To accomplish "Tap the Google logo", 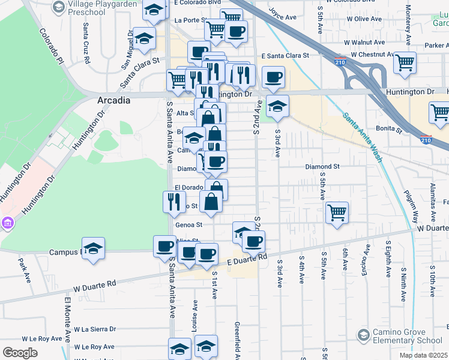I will click(x=20, y=353).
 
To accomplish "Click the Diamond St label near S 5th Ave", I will click(x=322, y=166).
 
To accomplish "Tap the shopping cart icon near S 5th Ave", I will click(x=337, y=212).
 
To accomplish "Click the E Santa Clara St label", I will click(x=285, y=55).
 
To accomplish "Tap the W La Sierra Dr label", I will click(x=95, y=329).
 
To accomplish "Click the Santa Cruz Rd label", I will click(x=87, y=43).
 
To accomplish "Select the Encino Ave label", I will click(x=364, y=262).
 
